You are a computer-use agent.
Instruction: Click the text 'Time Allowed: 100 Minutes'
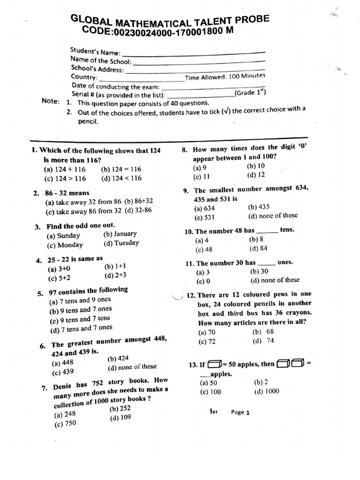point(225,77)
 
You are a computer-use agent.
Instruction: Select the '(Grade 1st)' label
point(251,93)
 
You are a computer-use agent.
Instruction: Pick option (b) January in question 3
point(120,233)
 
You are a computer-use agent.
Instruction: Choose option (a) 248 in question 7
point(65,414)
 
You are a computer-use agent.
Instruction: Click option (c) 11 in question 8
point(202,177)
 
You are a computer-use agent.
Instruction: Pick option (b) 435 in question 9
point(259,207)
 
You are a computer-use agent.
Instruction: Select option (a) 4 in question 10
point(201,240)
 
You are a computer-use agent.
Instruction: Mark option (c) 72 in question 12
point(207,341)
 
